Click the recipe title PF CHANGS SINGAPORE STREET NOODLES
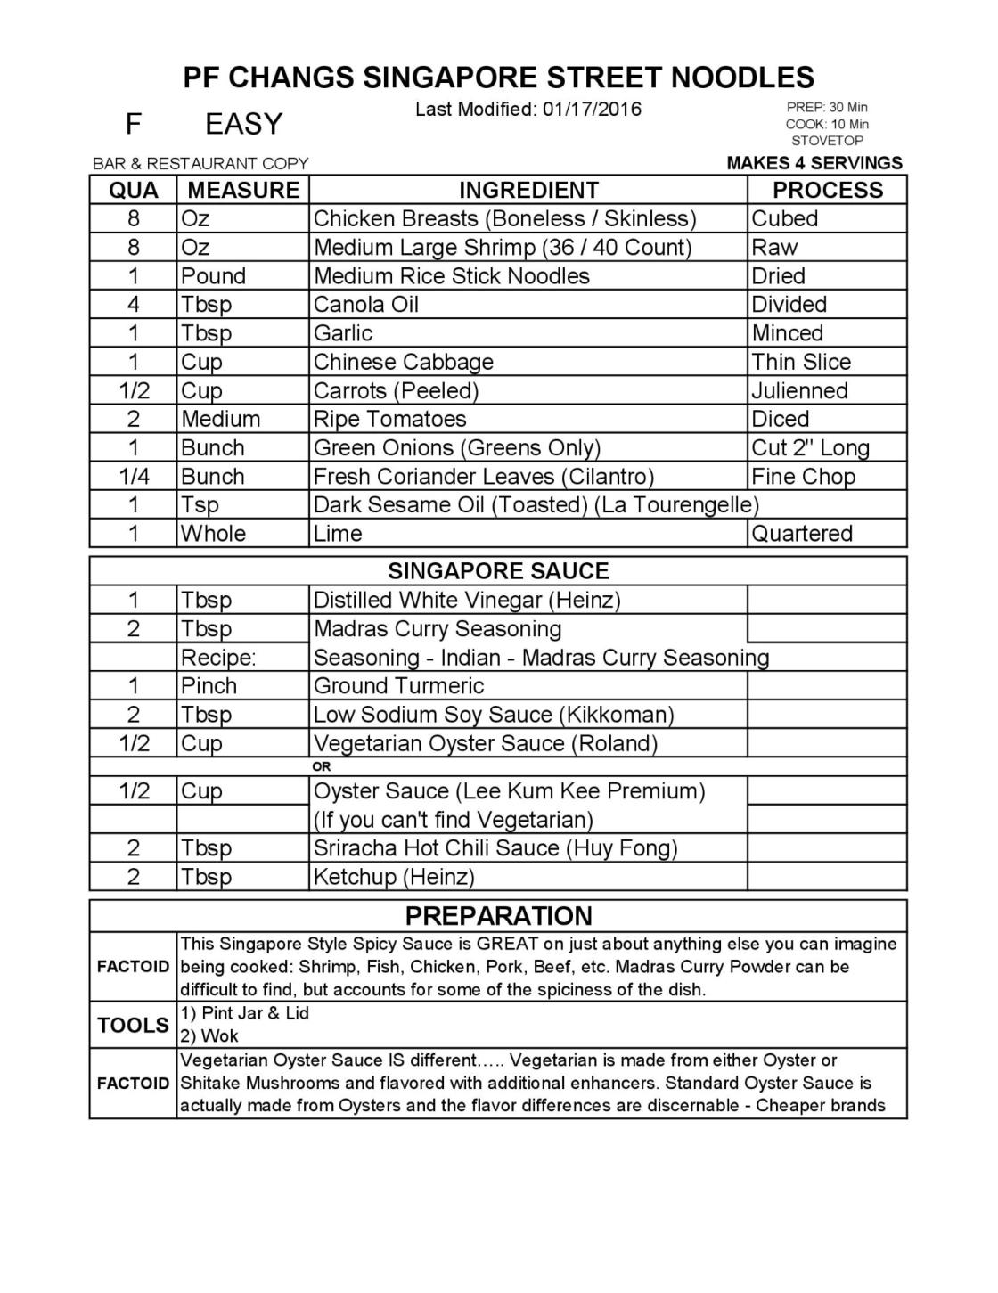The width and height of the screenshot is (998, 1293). pyautogui.click(x=498, y=77)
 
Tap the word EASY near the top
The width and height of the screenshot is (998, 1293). pyautogui.click(x=243, y=124)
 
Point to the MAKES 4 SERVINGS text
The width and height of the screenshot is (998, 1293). pyautogui.click(x=814, y=163)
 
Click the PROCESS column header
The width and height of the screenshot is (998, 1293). pyautogui.click(x=827, y=190)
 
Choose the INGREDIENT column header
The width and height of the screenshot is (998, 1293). pyautogui.click(x=528, y=190)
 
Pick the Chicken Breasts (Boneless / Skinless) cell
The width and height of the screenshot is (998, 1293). pyautogui.click(x=504, y=218)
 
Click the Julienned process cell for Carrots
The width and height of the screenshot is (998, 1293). pyautogui.click(x=799, y=390)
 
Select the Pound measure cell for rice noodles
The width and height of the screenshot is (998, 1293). pyautogui.click(x=213, y=275)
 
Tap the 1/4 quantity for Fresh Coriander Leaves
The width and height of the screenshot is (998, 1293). pyautogui.click(x=134, y=476)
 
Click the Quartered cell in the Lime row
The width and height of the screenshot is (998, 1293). pyautogui.click(x=802, y=533)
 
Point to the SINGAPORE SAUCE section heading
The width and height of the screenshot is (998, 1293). pyautogui.click(x=498, y=570)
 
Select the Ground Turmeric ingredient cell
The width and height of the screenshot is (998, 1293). pyautogui.click(x=398, y=685)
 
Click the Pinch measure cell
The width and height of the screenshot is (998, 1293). pyautogui.click(x=209, y=685)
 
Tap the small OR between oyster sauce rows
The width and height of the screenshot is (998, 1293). pyautogui.click(x=322, y=766)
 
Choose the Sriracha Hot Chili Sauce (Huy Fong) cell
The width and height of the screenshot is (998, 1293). pyautogui.click(x=495, y=847)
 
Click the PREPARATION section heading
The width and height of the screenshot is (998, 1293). pyautogui.click(x=498, y=915)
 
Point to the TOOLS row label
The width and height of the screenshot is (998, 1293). pyautogui.click(x=133, y=1025)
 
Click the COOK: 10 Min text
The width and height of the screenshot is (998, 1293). pyautogui.click(x=827, y=124)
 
